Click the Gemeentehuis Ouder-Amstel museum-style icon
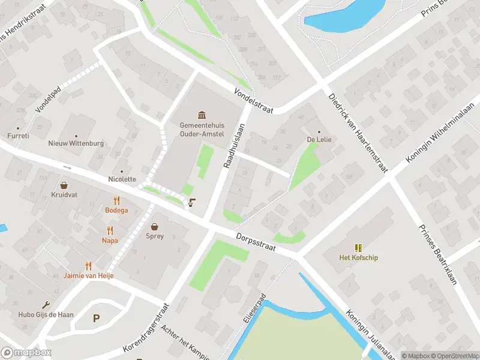point(201,115)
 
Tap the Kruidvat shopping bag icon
point(64,186)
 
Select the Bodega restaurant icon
point(116,201)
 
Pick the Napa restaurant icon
point(109,230)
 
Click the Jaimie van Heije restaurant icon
point(89,265)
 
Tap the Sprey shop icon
point(155,227)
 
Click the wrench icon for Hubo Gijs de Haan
point(46,305)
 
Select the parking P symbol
point(96,318)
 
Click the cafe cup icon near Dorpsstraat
point(191,203)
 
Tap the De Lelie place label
point(319,139)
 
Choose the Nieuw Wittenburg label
point(76,143)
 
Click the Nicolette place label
point(122,179)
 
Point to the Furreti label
point(19,136)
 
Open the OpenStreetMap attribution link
point(454,356)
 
